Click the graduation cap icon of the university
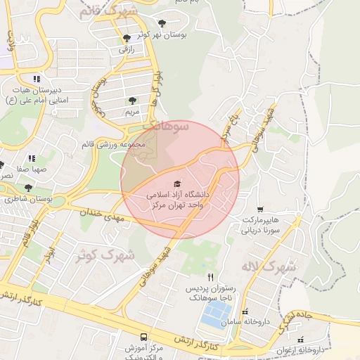(176, 184)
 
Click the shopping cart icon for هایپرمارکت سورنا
(261, 209)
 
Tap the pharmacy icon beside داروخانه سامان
(244, 311)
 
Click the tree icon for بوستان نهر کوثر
(164, 22)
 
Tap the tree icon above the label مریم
(132, 101)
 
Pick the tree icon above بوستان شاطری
(28, 188)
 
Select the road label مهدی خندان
(105, 216)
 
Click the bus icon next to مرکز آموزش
(144, 337)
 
